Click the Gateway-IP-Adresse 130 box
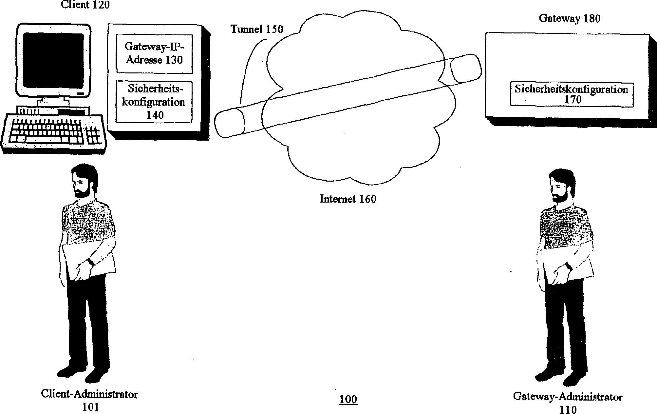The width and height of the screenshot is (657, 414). [x=154, y=53]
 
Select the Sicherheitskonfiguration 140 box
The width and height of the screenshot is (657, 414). [x=154, y=102]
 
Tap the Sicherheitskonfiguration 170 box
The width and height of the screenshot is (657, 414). [x=572, y=94]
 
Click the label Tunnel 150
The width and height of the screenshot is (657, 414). [x=257, y=29]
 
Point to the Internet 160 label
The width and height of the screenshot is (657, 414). [x=348, y=199]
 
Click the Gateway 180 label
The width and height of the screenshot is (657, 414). [x=570, y=19]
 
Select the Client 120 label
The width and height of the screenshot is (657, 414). [x=85, y=5]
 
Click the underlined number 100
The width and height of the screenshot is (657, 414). [x=348, y=399]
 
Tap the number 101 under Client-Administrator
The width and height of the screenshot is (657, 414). [x=90, y=407]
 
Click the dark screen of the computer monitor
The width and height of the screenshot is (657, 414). [x=53, y=59]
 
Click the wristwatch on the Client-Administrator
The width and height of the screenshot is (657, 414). [x=90, y=261]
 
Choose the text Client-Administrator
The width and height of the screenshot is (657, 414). [x=89, y=394]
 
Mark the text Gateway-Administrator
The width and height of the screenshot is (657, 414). [x=568, y=397]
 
